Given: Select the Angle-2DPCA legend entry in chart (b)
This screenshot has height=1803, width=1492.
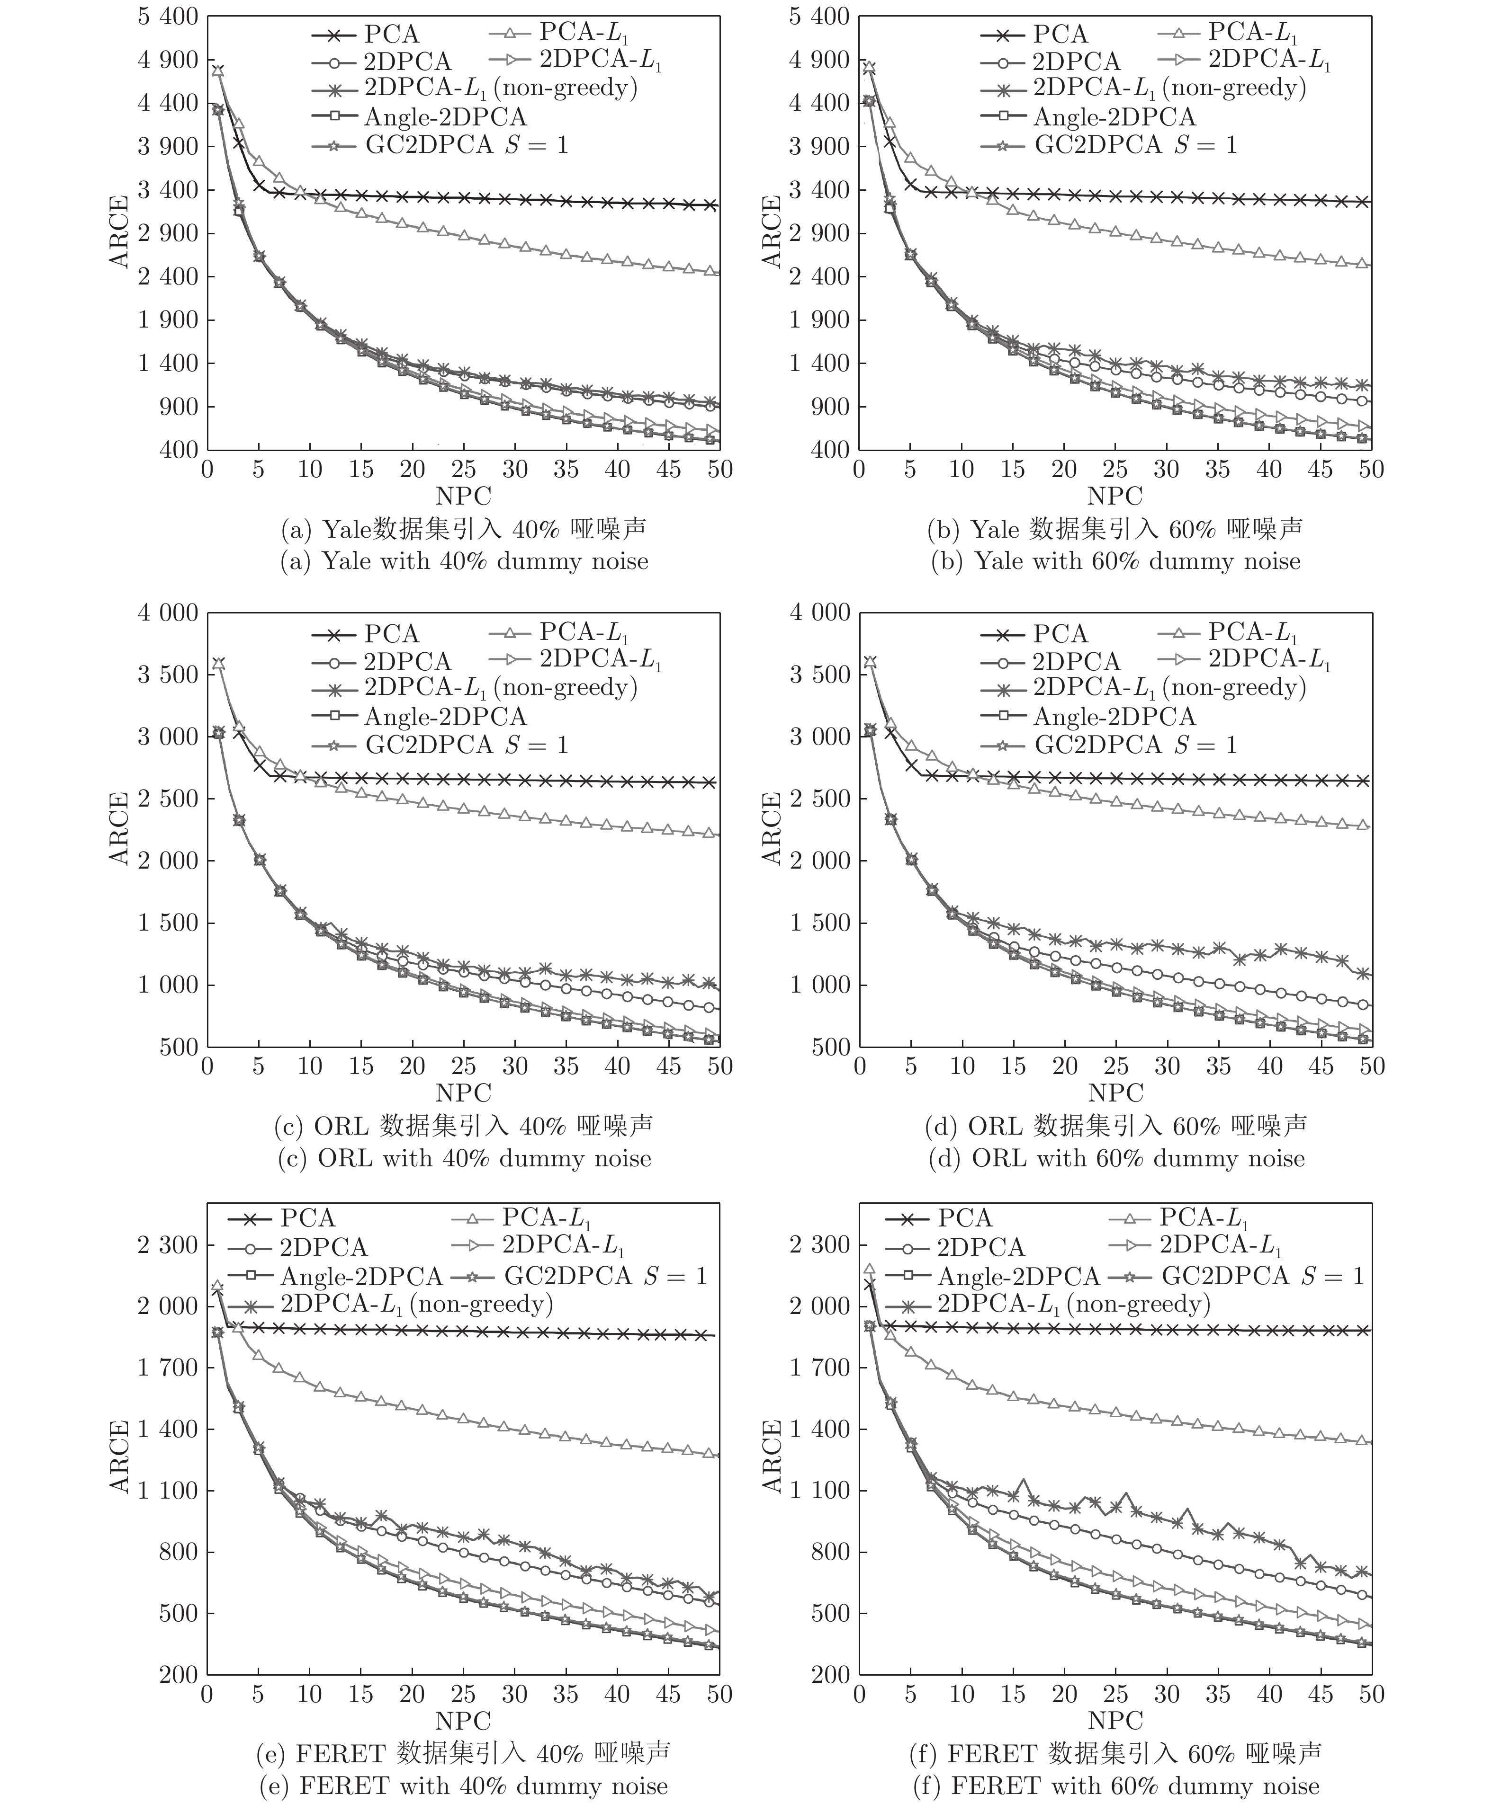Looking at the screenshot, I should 1113,117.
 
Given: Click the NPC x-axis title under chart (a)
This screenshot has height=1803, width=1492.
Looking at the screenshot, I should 463,496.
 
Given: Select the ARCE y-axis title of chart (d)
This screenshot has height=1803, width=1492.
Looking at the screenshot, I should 771,828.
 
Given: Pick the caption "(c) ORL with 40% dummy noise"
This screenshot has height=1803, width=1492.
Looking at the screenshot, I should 464,1158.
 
